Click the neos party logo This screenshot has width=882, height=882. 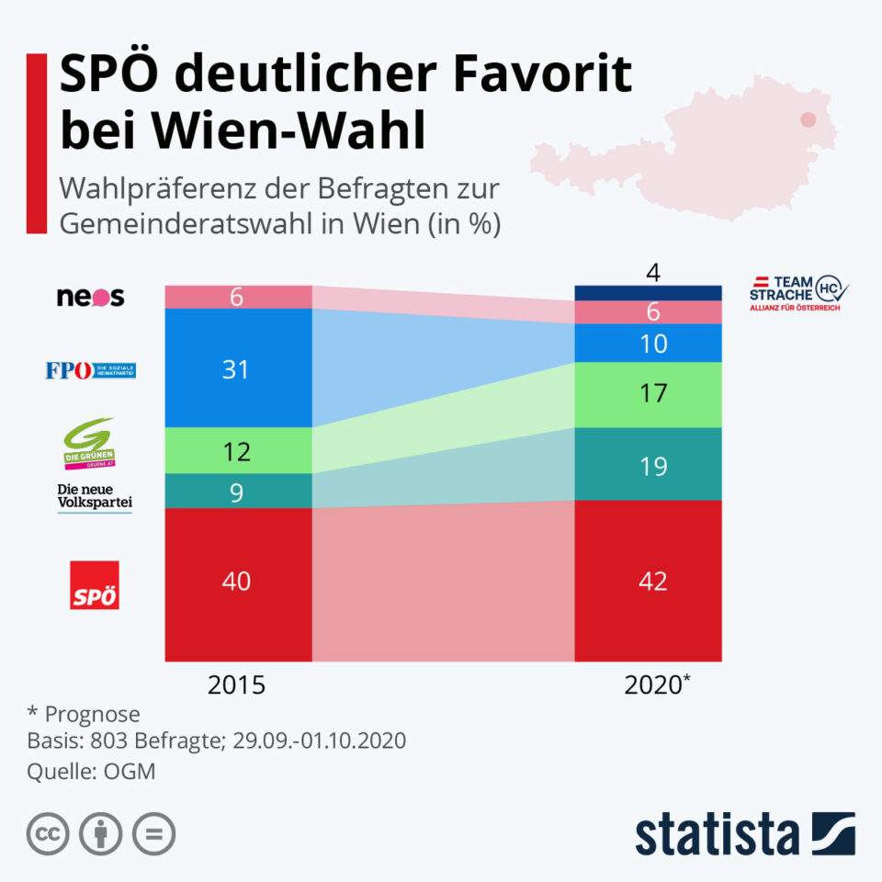[90, 298]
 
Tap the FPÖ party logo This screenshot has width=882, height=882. [90, 370]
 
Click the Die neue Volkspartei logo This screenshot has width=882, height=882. [95, 496]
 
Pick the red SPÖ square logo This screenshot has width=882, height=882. [95, 584]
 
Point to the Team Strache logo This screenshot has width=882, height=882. [797, 292]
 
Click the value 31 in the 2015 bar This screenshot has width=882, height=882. [237, 369]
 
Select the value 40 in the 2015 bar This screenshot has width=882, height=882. [237, 582]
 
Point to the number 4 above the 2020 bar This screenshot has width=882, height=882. [653, 273]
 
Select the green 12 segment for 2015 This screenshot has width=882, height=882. [237, 451]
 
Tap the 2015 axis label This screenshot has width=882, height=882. [236, 685]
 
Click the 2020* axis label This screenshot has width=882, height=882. [653, 685]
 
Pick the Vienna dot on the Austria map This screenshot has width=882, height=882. [808, 119]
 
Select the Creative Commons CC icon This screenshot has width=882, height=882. [49, 834]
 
